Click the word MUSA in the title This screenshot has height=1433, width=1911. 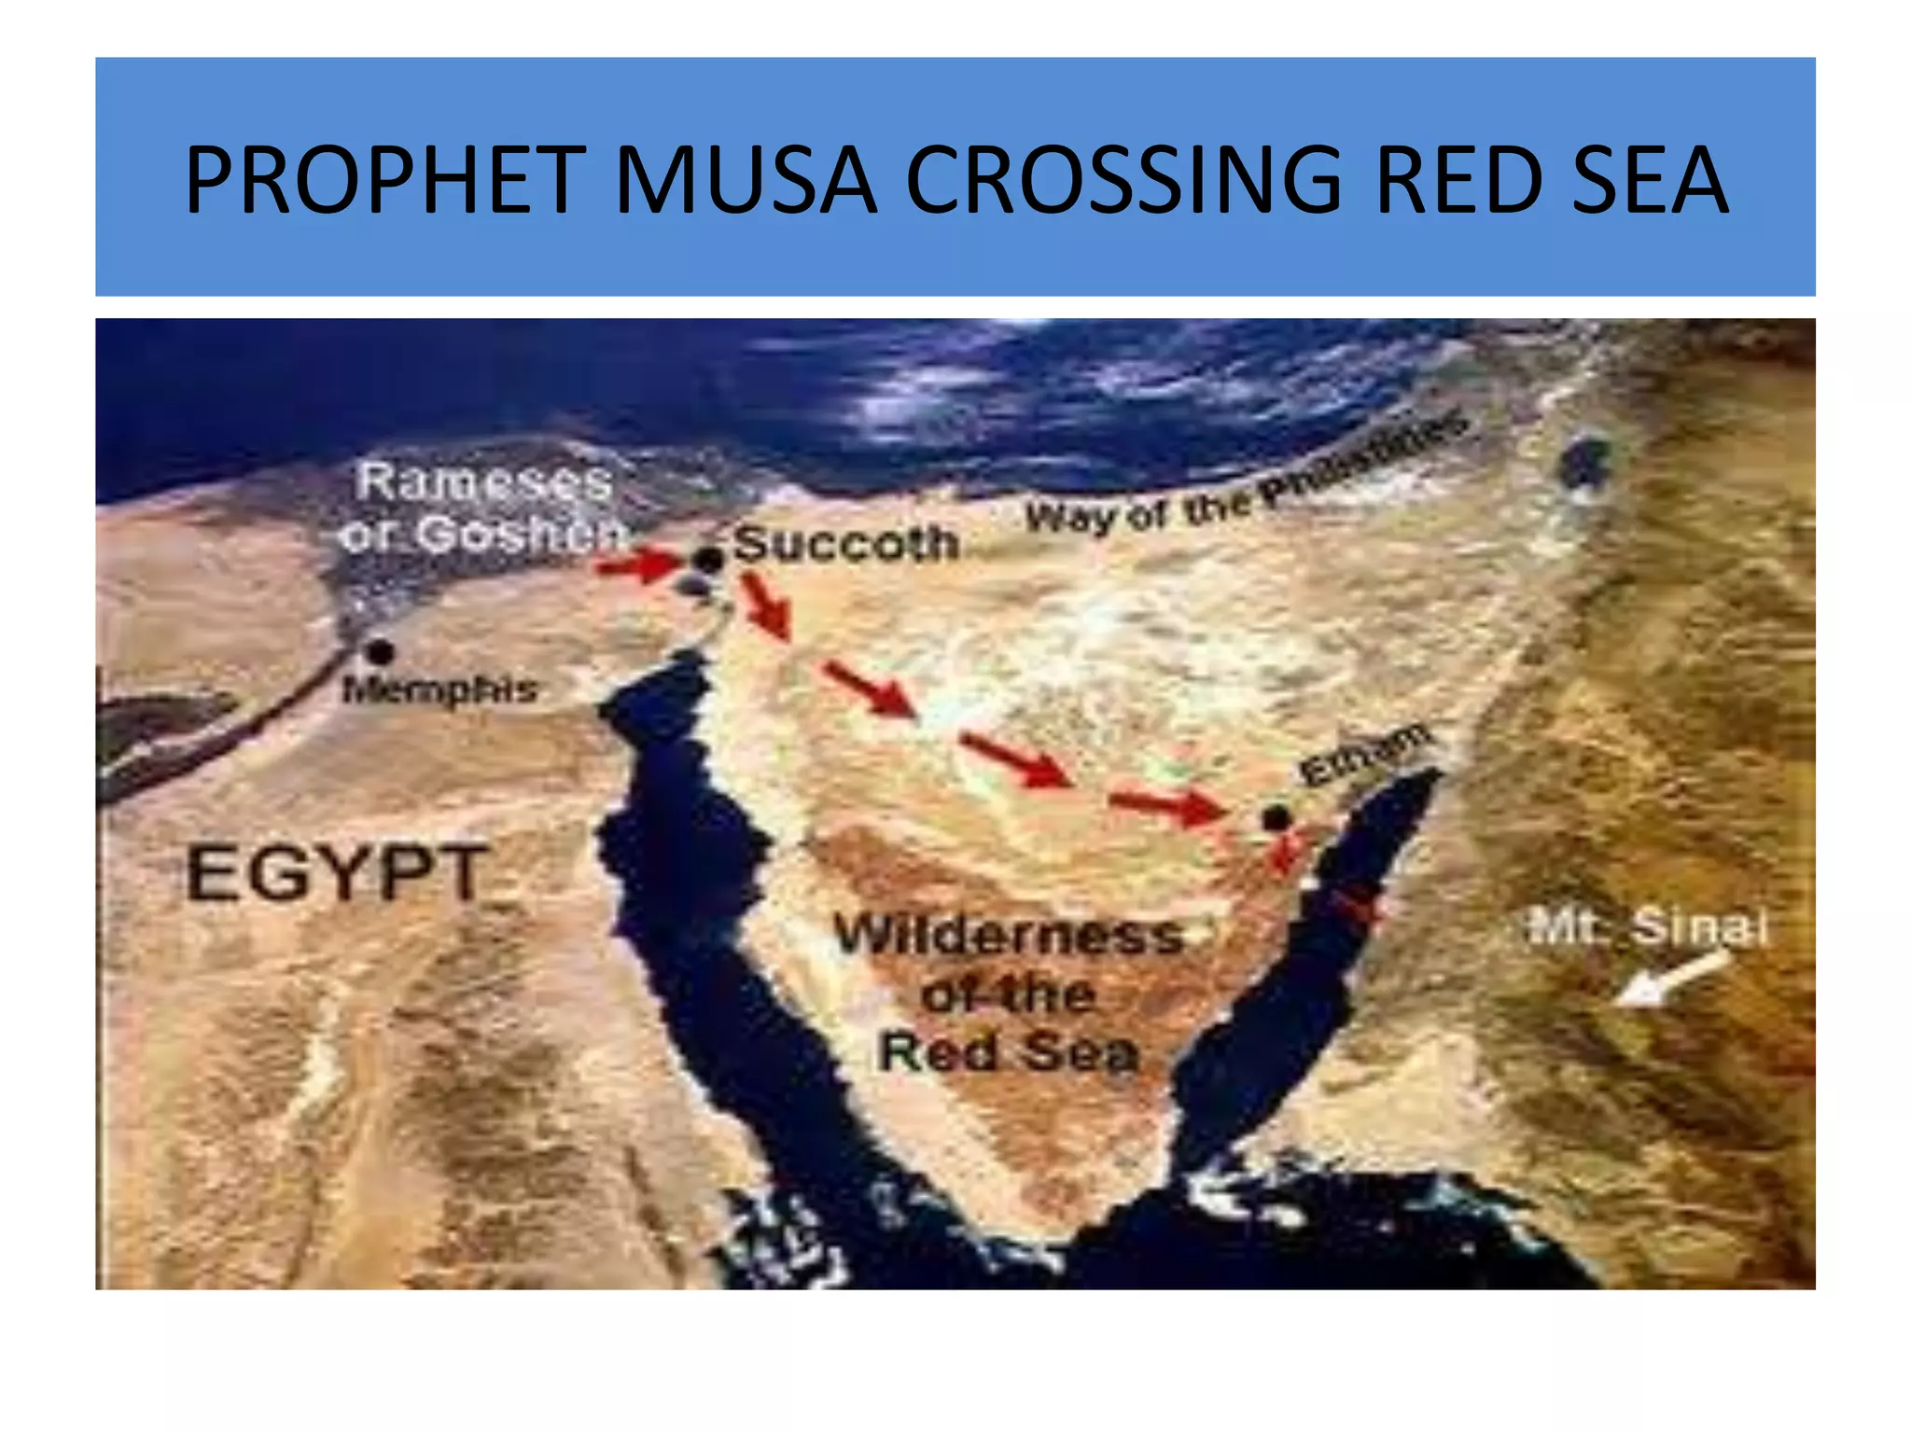pos(745,179)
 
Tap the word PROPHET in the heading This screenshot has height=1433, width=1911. pos(385,179)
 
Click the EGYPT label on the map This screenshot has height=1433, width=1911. pos(337,873)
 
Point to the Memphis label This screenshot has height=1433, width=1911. pos(439,690)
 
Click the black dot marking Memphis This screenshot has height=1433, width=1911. pos(379,650)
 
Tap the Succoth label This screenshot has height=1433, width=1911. pos(845,543)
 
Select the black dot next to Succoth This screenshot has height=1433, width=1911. pos(708,560)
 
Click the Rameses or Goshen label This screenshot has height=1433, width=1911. pos(481,508)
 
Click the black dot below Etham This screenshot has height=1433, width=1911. pos(1276,819)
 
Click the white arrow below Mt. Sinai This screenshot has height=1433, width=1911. pos(1670,980)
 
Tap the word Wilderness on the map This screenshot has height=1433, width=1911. pos(1008,935)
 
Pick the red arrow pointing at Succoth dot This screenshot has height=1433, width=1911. pos(639,564)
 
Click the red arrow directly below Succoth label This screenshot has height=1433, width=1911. pos(766,606)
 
